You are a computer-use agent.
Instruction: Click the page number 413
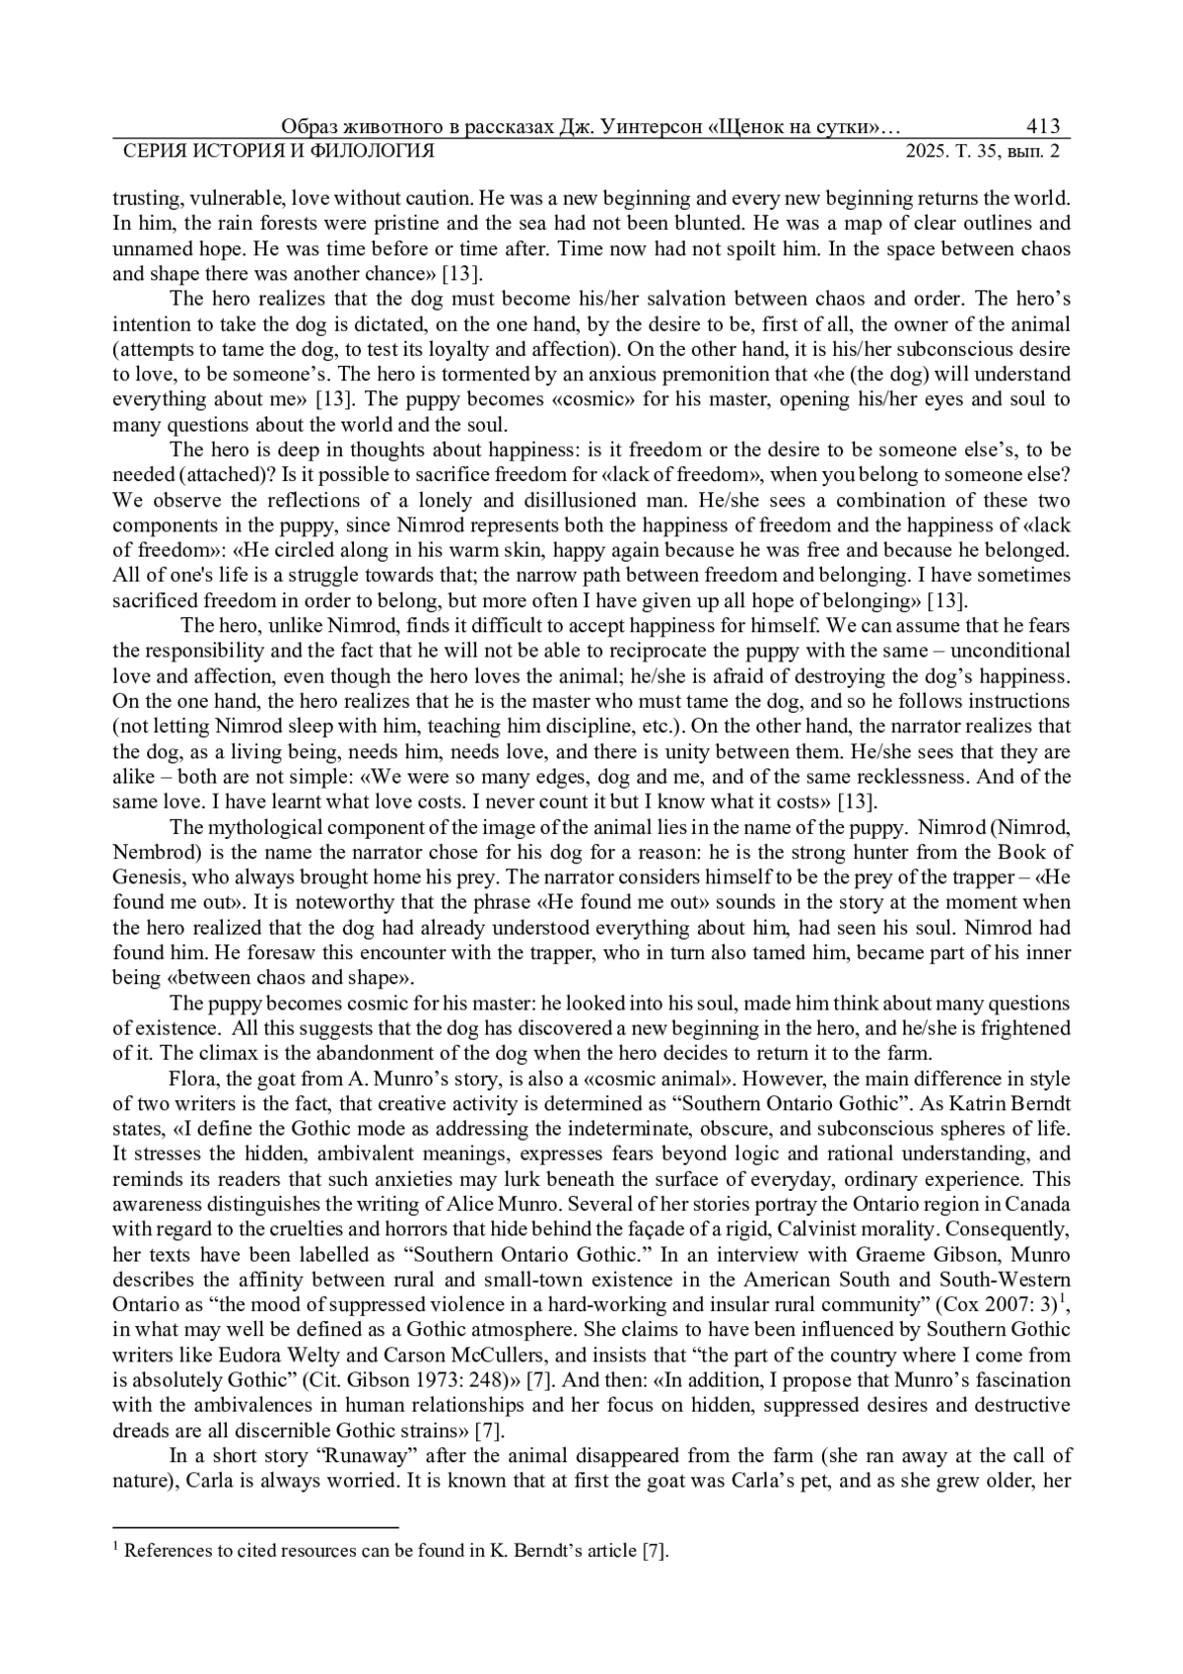coord(1042,126)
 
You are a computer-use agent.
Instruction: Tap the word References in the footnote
coord(167,1551)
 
